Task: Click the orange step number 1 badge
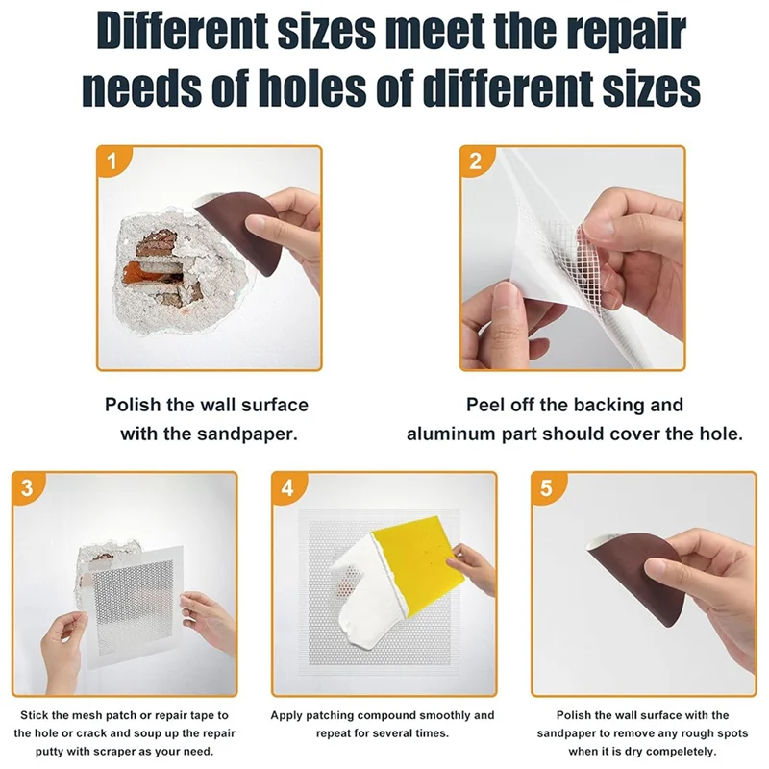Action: [113, 161]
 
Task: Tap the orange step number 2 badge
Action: [476, 161]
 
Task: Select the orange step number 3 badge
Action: [27, 487]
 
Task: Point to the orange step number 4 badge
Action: [286, 487]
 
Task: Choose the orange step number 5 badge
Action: [547, 487]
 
